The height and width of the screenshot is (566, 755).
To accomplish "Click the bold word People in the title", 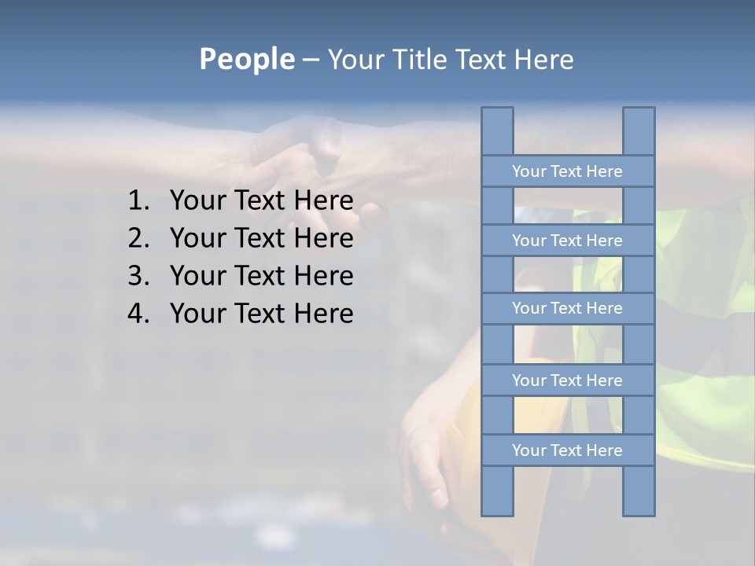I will click(246, 60).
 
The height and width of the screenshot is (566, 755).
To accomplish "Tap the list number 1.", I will click(138, 201).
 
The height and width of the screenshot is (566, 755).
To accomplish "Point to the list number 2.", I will click(138, 239).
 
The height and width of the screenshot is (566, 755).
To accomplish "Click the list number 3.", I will click(138, 277).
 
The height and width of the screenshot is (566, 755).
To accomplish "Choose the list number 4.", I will click(138, 314).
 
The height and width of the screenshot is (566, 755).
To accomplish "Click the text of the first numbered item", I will click(261, 201).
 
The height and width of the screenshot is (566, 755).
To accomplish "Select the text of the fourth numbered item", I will click(261, 314).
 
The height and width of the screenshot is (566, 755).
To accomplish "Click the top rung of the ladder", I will click(567, 171).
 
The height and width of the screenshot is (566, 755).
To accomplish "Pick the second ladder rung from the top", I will click(567, 241).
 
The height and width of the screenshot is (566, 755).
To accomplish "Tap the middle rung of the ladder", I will click(567, 309).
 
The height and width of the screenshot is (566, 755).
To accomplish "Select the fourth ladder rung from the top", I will click(567, 380).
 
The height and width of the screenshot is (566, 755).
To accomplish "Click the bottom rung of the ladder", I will click(567, 450).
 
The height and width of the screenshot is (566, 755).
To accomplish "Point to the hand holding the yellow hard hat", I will click(425, 448).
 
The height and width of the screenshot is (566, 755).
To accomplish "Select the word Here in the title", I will click(543, 60).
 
